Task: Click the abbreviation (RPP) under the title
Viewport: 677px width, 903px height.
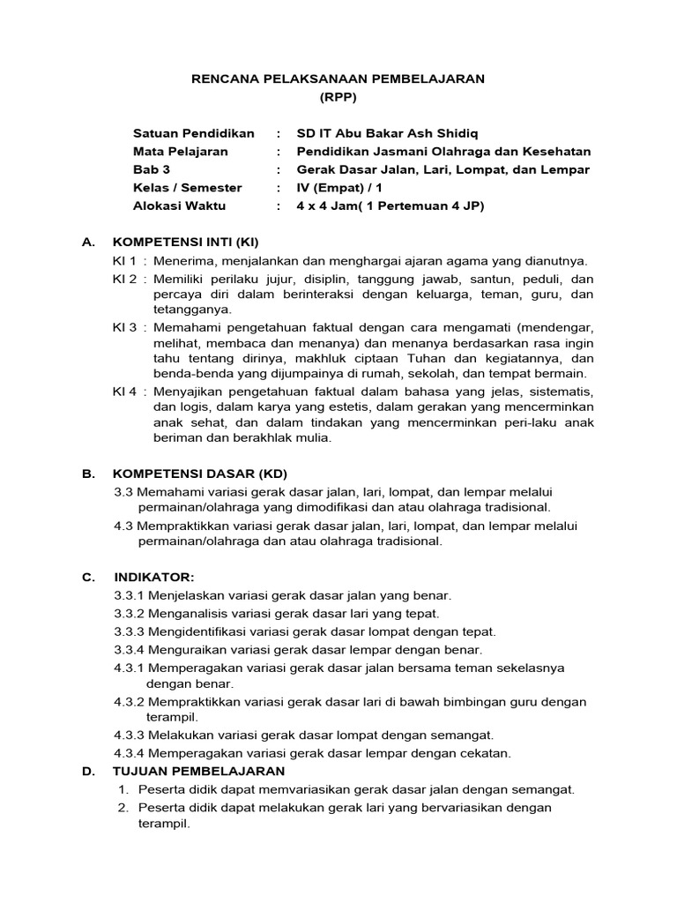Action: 338,98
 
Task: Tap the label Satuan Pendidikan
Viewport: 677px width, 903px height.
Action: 193,133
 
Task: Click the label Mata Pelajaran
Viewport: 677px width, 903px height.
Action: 180,151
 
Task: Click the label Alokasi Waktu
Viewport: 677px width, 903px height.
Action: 179,205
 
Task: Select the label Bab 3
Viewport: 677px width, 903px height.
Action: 153,169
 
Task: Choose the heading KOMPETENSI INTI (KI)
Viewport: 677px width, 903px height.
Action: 186,242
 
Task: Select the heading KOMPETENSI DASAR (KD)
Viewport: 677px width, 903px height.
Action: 200,473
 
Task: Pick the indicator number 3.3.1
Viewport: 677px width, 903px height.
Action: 130,595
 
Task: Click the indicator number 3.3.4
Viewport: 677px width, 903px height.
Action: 130,649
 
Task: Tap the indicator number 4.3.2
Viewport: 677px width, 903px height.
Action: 130,702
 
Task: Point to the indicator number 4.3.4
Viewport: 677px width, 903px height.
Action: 130,752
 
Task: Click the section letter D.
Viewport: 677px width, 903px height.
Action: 87,772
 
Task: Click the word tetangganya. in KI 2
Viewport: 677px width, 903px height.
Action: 192,310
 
